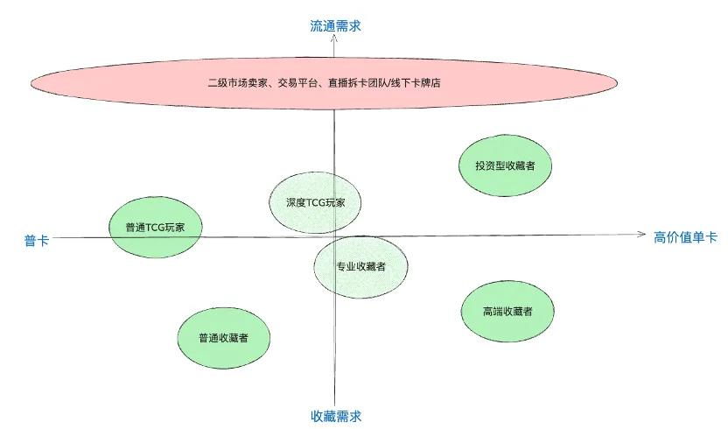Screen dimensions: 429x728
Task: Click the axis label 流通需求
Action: click(x=335, y=26)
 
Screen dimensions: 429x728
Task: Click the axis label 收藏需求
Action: click(x=335, y=416)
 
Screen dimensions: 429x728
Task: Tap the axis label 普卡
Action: click(x=36, y=240)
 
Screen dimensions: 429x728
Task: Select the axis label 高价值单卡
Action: click(x=686, y=236)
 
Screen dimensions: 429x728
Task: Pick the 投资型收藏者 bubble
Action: click(x=506, y=165)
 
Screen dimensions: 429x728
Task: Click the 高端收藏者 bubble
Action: click(x=507, y=312)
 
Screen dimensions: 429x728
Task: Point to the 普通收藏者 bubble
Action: click(x=223, y=338)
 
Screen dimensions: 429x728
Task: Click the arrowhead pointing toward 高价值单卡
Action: click(x=641, y=234)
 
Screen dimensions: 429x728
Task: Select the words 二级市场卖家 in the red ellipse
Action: click(x=235, y=84)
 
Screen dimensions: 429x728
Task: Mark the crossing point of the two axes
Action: click(x=334, y=236)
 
